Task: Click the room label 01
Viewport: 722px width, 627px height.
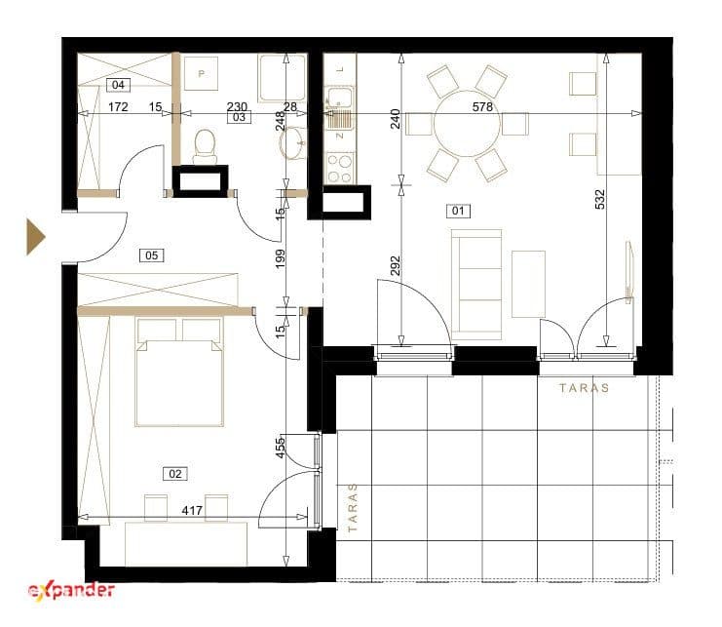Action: [x=458, y=211]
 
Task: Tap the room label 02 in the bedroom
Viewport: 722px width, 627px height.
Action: [x=175, y=474]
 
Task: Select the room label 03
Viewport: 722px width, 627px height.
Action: [x=239, y=117]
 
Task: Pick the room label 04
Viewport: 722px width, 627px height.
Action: [x=118, y=85]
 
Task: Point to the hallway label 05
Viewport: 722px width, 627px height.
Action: [x=151, y=255]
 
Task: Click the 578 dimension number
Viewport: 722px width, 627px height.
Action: [x=482, y=107]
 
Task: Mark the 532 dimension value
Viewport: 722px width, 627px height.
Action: [x=600, y=199]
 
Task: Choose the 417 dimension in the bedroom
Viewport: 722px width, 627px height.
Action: [x=192, y=510]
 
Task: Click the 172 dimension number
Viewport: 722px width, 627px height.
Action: [x=118, y=107]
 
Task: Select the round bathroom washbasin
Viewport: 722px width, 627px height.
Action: [x=292, y=142]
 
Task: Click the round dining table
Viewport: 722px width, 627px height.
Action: [x=467, y=124]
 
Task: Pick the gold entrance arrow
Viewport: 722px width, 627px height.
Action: [x=35, y=237]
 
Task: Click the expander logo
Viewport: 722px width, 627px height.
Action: [x=71, y=590]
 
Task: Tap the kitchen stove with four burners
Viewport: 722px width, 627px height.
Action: [x=340, y=168]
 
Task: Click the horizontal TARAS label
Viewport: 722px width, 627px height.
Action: [x=584, y=388]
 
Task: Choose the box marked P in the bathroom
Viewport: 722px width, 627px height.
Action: [x=202, y=74]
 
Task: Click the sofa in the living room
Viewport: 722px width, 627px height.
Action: [x=476, y=284]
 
